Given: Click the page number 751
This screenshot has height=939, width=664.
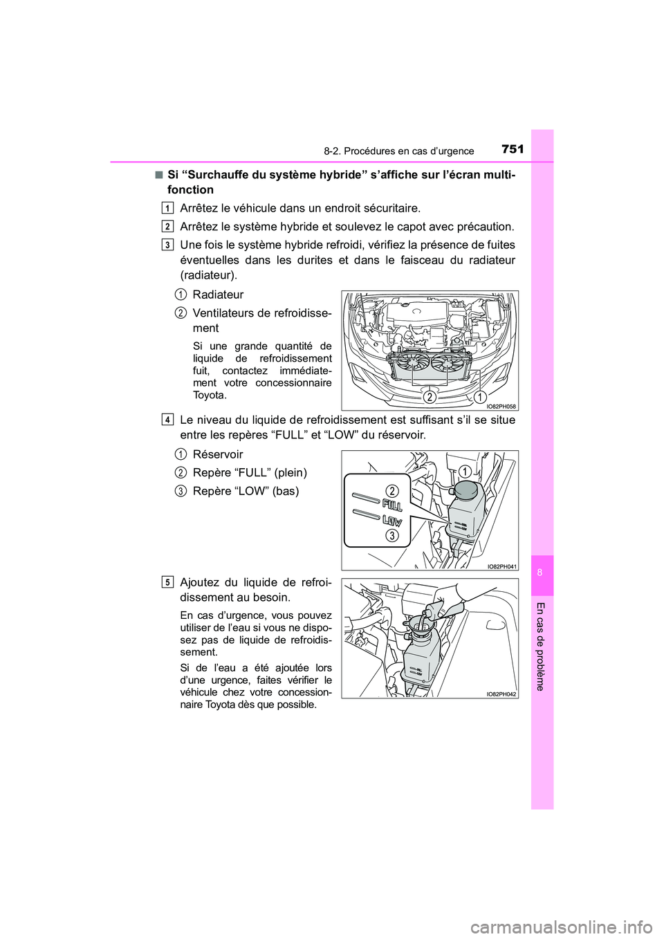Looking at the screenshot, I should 513,149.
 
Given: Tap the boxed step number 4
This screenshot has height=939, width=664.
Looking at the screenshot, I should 168,420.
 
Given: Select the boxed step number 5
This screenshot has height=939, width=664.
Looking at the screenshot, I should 168,582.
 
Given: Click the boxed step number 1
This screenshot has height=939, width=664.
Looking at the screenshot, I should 168,208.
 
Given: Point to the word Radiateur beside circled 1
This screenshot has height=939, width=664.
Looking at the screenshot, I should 218,295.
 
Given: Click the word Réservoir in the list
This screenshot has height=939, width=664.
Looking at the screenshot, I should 218,454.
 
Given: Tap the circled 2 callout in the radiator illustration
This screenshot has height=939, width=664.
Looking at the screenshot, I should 430,397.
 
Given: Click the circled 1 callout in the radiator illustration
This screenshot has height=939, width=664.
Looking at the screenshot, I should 480,397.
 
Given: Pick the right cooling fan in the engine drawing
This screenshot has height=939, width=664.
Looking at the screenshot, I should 448,363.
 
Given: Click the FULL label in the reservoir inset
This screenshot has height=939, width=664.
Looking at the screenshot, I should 392,505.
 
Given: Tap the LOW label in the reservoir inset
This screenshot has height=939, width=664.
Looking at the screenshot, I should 392,521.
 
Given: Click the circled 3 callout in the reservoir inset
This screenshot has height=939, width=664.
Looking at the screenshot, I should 392,536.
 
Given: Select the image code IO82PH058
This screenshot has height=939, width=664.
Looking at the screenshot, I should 501,407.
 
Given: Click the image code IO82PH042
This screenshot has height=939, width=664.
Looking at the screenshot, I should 501,694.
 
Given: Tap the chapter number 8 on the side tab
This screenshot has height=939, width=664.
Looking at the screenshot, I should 542,573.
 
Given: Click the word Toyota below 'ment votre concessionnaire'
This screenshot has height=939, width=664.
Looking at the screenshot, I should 210,396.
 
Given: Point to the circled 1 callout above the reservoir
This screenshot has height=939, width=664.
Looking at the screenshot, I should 465,472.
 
